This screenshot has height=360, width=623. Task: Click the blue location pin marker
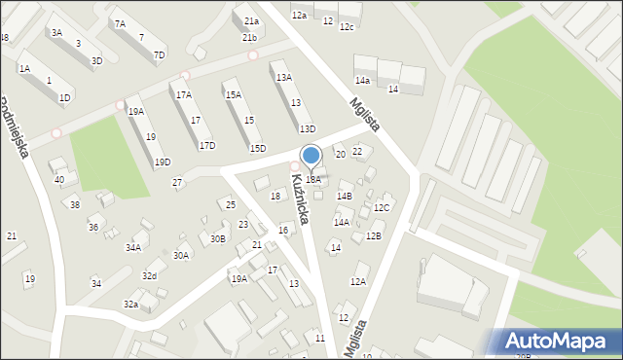tap(311, 156)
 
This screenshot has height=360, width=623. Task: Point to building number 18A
tap(312, 179)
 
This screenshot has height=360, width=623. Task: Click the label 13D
tap(307, 128)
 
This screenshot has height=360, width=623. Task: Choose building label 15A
tap(233, 94)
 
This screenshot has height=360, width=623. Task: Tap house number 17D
tap(206, 145)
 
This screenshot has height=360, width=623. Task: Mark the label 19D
tap(162, 162)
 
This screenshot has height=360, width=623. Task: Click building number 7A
tap(120, 23)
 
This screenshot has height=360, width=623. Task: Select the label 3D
tap(96, 60)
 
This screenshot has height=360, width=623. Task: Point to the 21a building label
tap(251, 21)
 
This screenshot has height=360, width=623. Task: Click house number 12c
tap(347, 26)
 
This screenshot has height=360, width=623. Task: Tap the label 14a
tap(362, 80)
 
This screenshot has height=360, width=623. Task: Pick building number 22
tap(357, 151)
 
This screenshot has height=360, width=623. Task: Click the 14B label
tap(344, 196)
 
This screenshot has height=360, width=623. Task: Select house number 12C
tap(382, 207)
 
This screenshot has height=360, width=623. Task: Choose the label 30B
tap(217, 238)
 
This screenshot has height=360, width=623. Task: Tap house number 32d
tap(148, 276)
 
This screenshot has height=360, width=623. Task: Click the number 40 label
tap(58, 179)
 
